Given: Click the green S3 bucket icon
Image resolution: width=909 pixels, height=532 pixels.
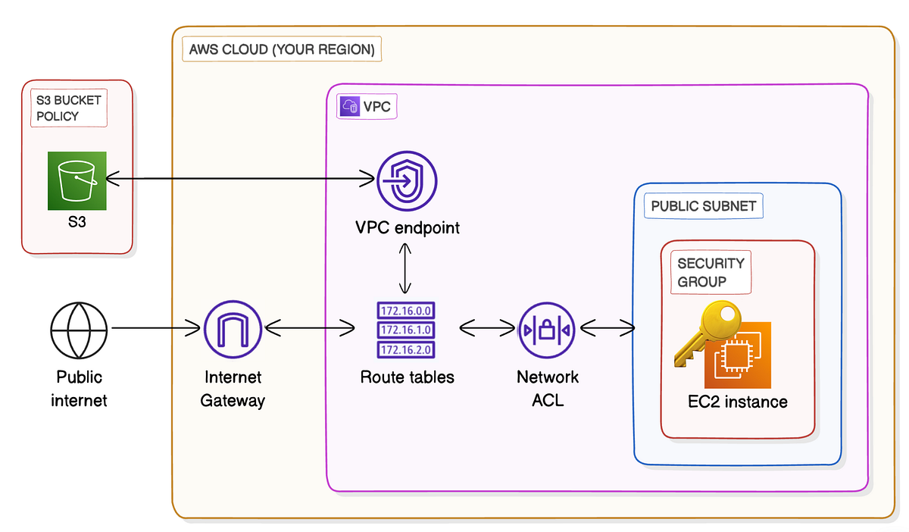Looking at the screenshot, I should point(77,180).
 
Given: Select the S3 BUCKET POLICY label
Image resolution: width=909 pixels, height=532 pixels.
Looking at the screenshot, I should point(68,108).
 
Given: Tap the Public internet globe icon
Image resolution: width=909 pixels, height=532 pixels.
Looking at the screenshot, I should point(80,329).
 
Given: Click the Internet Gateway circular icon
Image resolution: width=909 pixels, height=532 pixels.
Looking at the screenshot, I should point(233,329).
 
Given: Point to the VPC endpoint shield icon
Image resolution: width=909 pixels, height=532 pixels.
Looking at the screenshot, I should point(407,180).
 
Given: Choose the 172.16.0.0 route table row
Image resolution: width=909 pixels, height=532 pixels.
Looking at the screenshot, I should point(405,310).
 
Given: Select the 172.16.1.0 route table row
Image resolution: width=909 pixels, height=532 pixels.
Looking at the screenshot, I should point(405,330).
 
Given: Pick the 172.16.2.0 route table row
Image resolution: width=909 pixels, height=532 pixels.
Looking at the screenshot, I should point(405,349).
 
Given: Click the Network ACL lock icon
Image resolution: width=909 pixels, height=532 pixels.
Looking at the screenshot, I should point(547,330).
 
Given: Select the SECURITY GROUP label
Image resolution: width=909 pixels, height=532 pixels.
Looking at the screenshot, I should point(711,272).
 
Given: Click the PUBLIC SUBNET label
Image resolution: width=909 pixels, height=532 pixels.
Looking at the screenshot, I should point(703,205).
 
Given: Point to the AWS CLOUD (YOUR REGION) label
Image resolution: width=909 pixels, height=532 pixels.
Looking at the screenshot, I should point(282,50).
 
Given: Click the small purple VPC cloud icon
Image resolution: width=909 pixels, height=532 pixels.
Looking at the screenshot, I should point(350,106).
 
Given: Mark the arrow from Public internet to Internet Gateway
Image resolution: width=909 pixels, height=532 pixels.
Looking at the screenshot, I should point(156,329).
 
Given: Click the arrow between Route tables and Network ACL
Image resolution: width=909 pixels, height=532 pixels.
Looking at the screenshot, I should point(487,329).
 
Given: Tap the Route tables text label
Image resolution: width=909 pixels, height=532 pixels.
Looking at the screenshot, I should point(407,377).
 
